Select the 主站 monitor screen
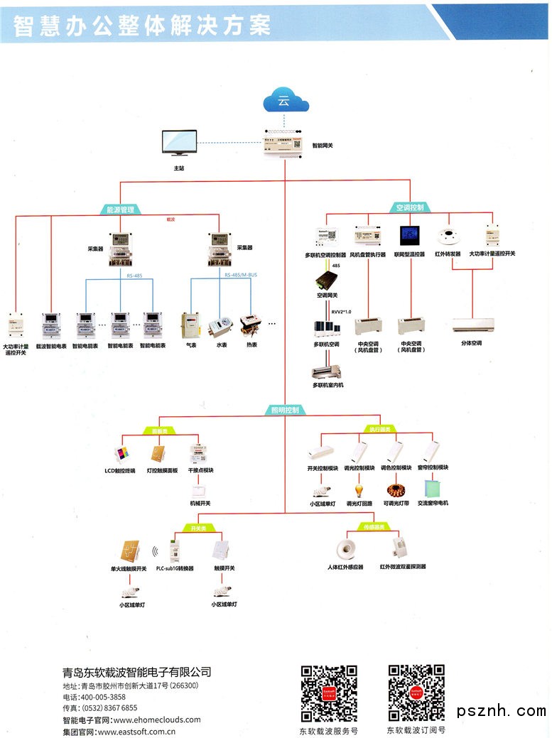pyautogui.click(x=178, y=142)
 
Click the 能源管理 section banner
pyautogui.click(x=119, y=210)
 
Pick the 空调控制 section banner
pyautogui.click(x=409, y=207)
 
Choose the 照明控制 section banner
pyautogui.click(x=285, y=410)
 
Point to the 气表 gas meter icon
pyautogui.click(x=190, y=325)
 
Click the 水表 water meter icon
pyautogui.click(x=220, y=326)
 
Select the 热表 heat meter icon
pyautogui.click(x=251, y=325)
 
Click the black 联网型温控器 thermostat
pyautogui.click(x=409, y=236)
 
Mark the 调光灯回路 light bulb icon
pyautogui.click(x=359, y=490)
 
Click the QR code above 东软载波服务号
pyautogui.click(x=328, y=693)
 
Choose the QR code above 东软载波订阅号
pyautogui.click(x=416, y=693)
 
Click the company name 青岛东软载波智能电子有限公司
pyautogui.click(x=136, y=672)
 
